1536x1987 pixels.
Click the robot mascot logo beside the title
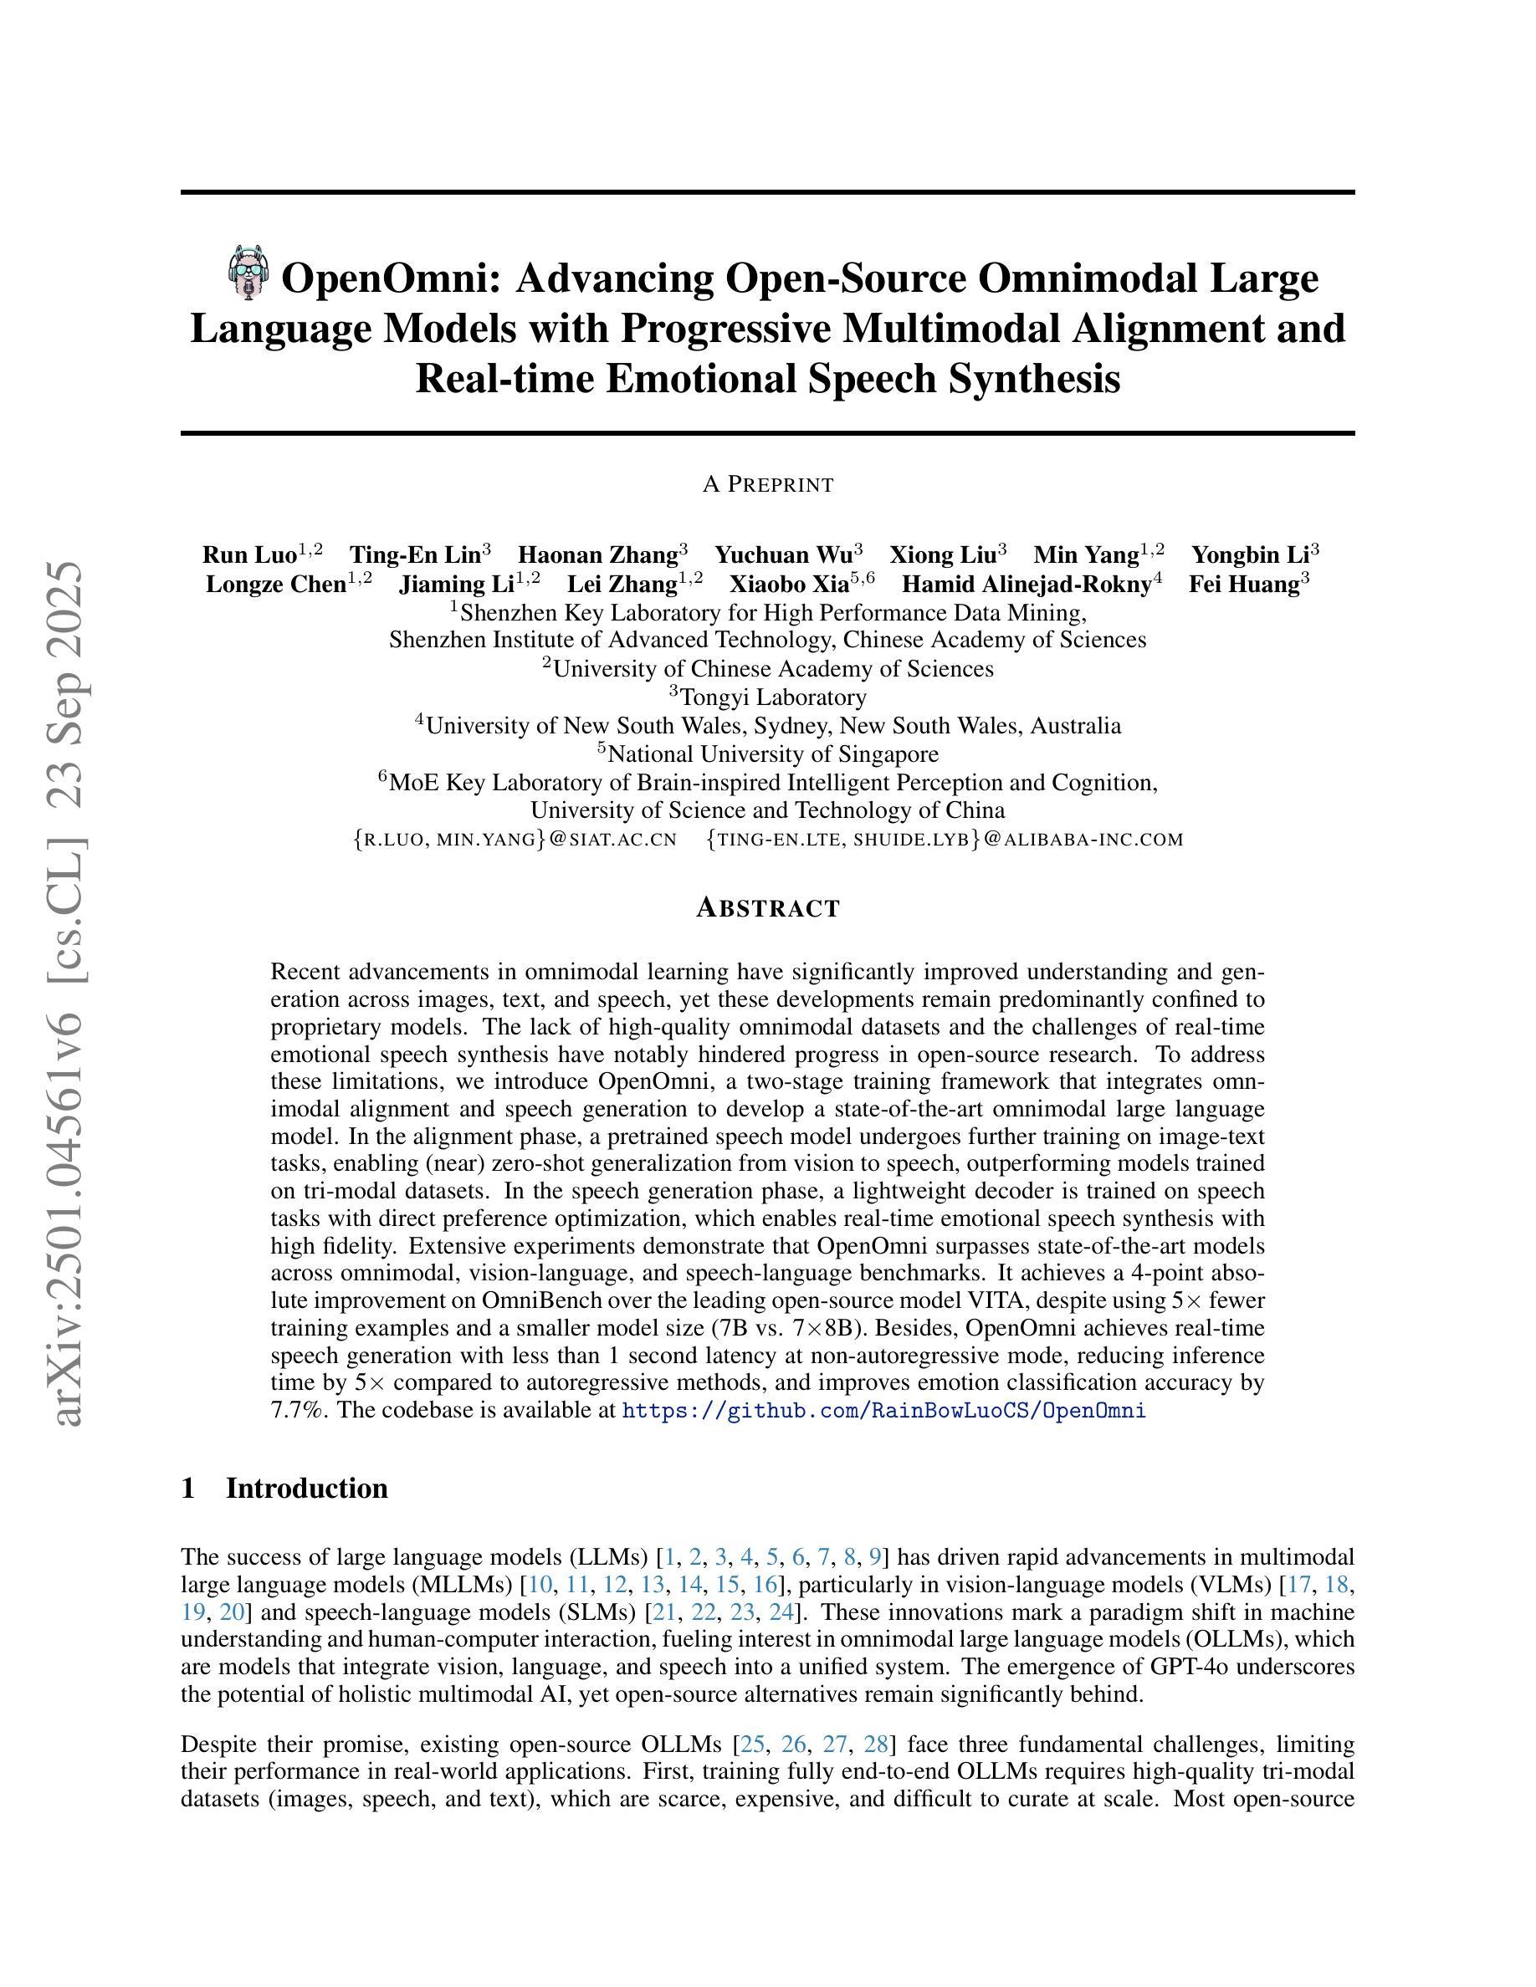pos(248,271)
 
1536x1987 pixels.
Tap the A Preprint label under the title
pos(767,485)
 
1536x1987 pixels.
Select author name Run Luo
pos(249,555)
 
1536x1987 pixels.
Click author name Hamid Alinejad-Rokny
pos(1027,584)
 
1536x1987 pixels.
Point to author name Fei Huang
pos(1244,584)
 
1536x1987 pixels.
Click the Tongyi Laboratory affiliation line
pos(767,697)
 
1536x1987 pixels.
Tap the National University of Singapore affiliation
pos(767,754)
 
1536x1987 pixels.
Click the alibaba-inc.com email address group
pos(945,840)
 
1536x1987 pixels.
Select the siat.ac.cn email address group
pos(515,840)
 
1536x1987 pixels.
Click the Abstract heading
pos(767,908)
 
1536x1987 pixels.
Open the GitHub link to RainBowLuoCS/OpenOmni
pos(883,1411)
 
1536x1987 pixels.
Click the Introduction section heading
pos(307,1489)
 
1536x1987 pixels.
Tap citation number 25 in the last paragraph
pos(751,1744)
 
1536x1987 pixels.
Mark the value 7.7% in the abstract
pos(290,1411)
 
